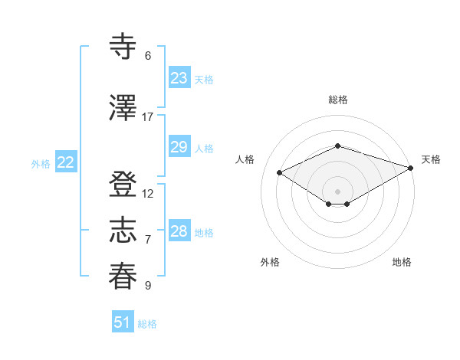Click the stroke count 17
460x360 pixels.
pos(148,117)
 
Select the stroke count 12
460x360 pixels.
pos(148,194)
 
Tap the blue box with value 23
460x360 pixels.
pos(179,78)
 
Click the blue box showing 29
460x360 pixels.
pos(179,147)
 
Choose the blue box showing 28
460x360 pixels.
pos(179,231)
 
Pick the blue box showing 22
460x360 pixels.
pos(66,162)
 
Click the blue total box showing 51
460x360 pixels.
pos(123,322)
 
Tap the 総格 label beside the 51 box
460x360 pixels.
pos(147,324)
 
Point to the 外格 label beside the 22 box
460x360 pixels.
pos(41,163)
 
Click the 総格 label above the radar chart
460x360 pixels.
pos(337,100)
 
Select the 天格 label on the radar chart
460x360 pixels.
pos(431,159)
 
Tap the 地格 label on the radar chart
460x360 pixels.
pos(402,262)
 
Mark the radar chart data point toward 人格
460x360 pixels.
pos(279,172)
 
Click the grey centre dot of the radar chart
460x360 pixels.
pos(337,190)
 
